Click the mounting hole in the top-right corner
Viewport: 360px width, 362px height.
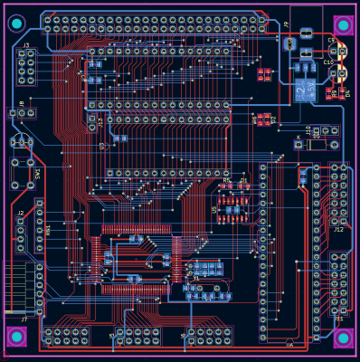click(343, 24)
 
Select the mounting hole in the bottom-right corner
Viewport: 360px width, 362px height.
click(343, 338)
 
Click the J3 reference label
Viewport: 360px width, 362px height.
click(25, 44)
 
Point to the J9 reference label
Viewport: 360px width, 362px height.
click(286, 24)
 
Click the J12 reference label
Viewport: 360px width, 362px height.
click(338, 230)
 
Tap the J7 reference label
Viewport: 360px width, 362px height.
click(24, 319)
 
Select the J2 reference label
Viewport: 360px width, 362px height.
click(20, 214)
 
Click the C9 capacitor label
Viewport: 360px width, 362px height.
click(330, 41)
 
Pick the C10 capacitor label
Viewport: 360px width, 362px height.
click(327, 62)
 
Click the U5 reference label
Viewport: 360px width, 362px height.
click(214, 209)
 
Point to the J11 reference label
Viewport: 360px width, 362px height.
click(338, 319)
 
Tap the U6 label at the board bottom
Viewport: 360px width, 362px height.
click(289, 344)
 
